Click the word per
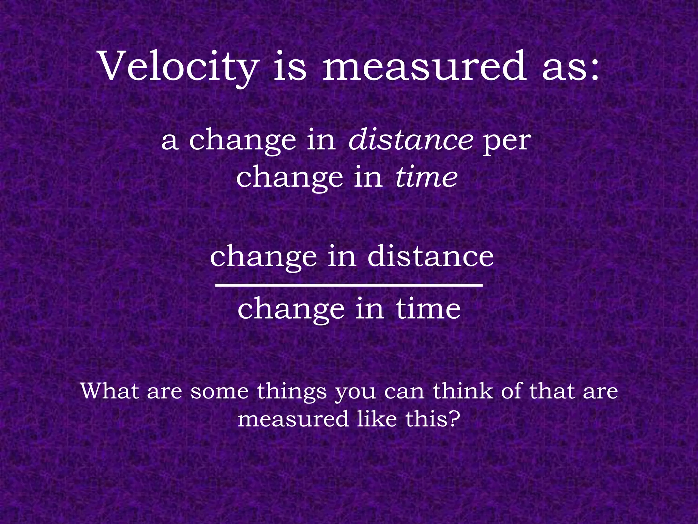[507, 142]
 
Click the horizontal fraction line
[349, 285]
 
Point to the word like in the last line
[377, 419]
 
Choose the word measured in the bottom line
[293, 419]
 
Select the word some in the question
[219, 392]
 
